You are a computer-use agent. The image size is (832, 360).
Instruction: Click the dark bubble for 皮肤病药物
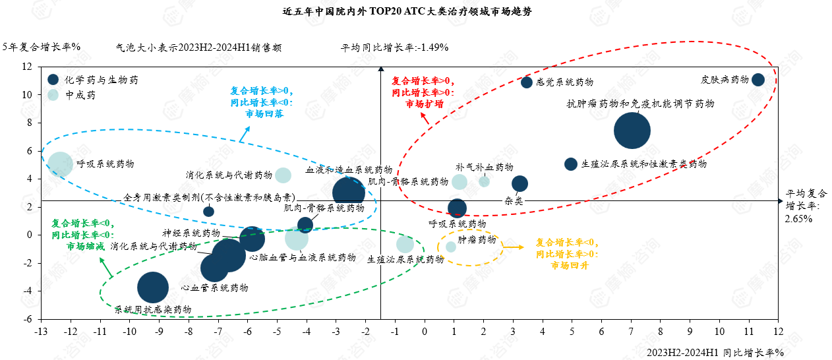coord(758,80)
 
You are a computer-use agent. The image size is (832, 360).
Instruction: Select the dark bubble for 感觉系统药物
coord(527,82)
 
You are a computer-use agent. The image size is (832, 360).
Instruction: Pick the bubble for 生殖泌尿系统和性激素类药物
coord(571,164)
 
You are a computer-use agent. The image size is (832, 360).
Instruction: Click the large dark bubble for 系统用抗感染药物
coord(153,287)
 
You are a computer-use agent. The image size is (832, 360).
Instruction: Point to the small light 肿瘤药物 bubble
coord(451,247)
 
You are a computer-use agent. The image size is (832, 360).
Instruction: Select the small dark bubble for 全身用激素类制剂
coord(208,212)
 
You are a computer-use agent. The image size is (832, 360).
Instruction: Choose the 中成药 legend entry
coord(82,95)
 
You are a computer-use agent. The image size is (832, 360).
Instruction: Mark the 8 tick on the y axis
coord(29,123)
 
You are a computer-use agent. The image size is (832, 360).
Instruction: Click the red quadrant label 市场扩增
coord(424,104)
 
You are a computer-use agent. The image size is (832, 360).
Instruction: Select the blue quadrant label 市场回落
coord(264,113)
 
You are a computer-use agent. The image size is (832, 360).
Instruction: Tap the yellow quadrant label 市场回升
coord(570,265)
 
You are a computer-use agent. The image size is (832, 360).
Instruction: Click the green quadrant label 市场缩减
coord(86,246)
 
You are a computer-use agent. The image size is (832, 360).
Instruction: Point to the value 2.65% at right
coord(798,218)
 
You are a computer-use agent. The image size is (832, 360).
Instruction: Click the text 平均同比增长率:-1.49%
coord(394,47)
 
